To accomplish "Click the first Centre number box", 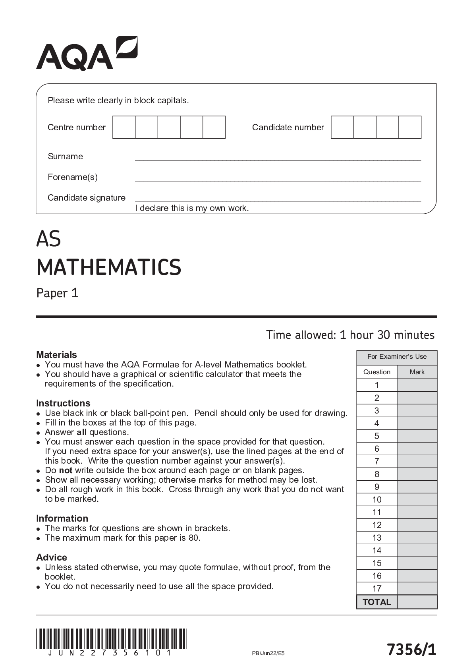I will click(x=124, y=128).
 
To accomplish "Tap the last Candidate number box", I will click(x=410, y=128).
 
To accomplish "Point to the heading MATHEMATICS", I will click(x=109, y=267).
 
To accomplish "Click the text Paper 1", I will click(x=57, y=293).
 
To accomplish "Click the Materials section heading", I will click(x=56, y=354).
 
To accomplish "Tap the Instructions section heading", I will click(x=63, y=403).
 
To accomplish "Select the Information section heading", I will click(x=62, y=518).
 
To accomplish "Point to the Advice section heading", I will click(x=52, y=557).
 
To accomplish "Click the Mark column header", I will click(x=417, y=372).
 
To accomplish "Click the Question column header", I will click(x=377, y=372).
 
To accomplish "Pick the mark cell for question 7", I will click(x=417, y=461).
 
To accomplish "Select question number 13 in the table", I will click(x=377, y=538).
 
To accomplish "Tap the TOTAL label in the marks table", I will click(x=377, y=602).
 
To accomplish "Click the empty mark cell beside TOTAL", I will click(x=417, y=602).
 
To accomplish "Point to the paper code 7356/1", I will click(x=411, y=650).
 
